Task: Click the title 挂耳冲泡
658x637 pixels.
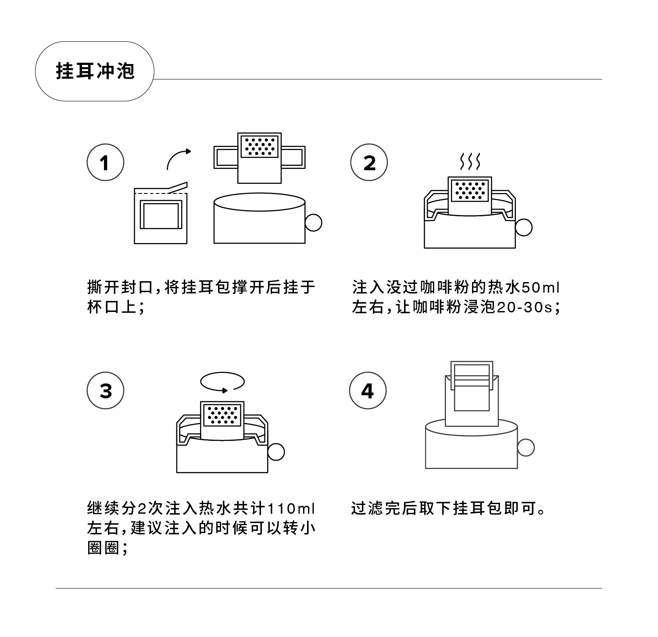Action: click(95, 71)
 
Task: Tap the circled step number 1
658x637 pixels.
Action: click(105, 162)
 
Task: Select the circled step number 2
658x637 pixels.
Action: click(369, 162)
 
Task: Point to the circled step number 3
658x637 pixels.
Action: click(105, 390)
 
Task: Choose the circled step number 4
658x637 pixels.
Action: click(368, 390)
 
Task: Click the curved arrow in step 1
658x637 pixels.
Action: click(178, 158)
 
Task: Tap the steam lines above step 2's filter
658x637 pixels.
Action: click(470, 162)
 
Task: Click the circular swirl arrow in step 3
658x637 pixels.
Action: click(222, 381)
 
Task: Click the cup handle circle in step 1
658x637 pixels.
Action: click(313, 222)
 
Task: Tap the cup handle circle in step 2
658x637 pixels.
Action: click(523, 227)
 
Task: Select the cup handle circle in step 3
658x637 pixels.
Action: click(276, 451)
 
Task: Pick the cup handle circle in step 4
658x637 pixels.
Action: click(526, 447)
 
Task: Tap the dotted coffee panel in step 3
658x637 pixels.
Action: click(222, 415)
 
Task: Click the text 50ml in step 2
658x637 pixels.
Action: click(540, 288)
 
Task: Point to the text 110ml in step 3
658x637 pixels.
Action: click(291, 509)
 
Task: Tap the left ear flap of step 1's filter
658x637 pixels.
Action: click(226, 157)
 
